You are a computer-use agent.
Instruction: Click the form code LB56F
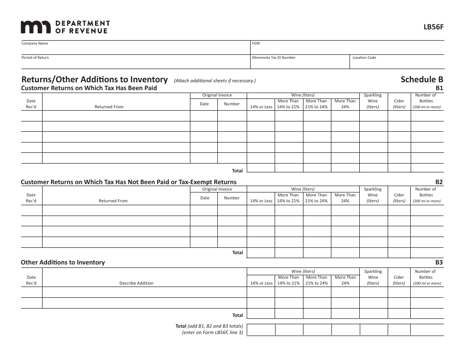(434, 27)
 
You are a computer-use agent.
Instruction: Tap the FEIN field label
(256, 44)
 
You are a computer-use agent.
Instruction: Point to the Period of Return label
(35, 58)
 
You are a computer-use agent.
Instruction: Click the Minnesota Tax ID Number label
(274, 58)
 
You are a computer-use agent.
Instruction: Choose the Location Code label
(364, 58)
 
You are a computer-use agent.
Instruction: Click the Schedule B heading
(421, 79)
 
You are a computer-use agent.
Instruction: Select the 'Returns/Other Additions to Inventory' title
(94, 79)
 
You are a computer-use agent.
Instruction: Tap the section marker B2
(439, 182)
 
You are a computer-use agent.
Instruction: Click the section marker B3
(439, 263)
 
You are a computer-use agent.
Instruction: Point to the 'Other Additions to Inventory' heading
(63, 263)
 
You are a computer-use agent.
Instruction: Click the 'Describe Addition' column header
(136, 283)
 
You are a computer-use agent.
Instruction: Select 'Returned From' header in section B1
(109, 107)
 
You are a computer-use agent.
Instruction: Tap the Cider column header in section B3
(399, 280)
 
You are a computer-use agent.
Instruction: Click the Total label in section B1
(237, 171)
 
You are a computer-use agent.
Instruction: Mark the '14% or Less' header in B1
(261, 107)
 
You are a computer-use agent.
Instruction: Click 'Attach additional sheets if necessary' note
(215, 81)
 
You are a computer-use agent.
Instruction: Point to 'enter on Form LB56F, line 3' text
(212, 333)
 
